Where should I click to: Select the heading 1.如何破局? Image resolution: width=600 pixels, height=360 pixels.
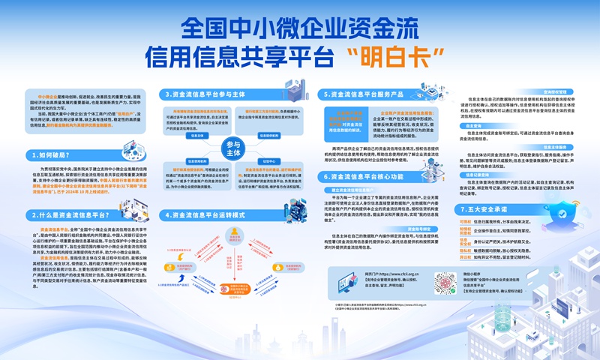click(54, 155)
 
